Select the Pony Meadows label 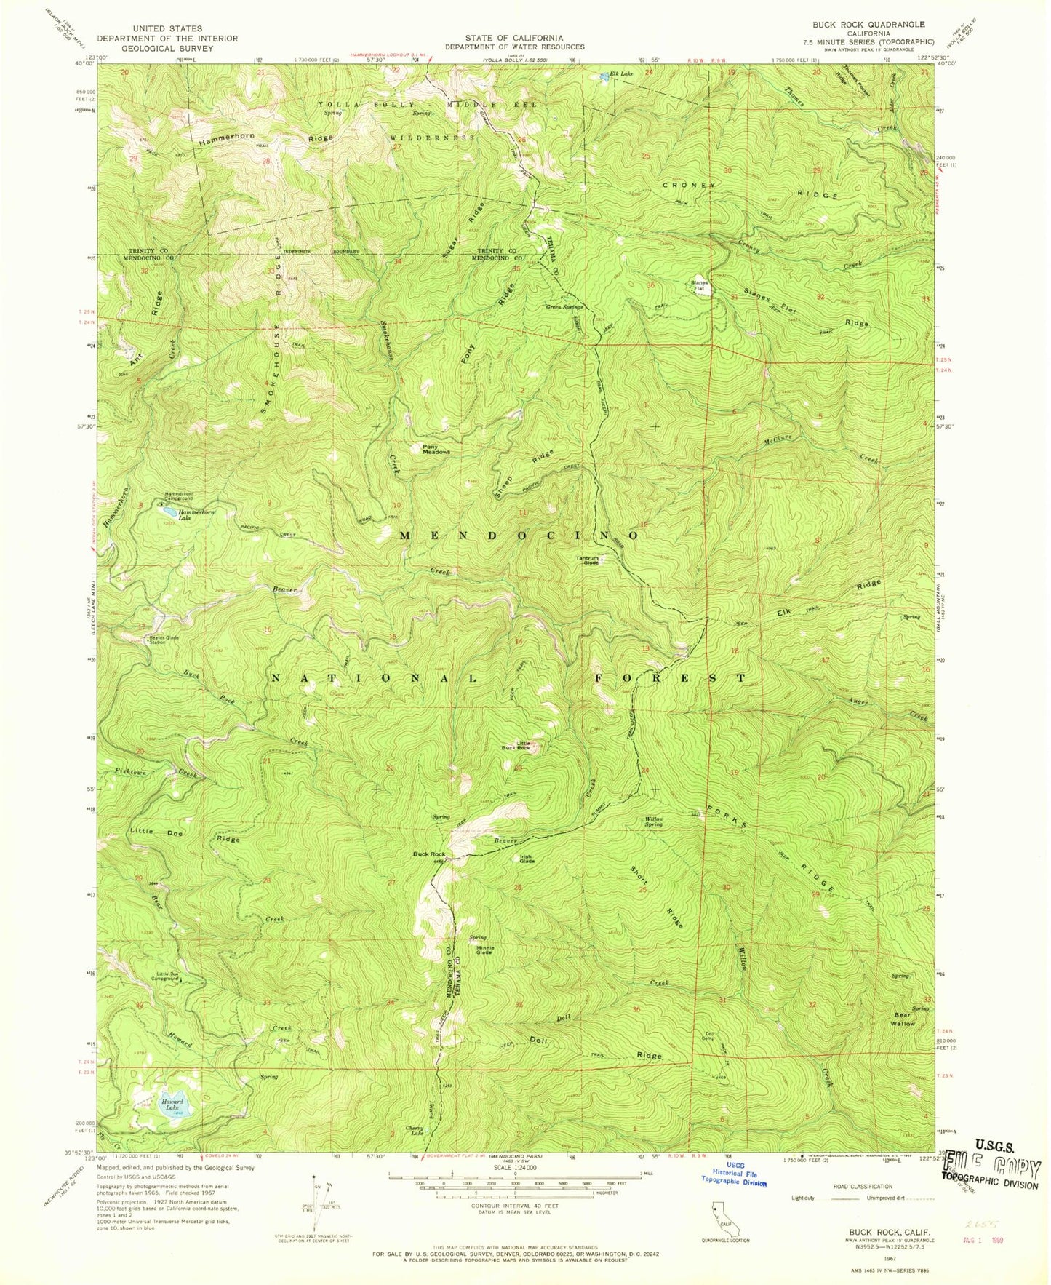pyautogui.click(x=436, y=449)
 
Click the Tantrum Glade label pyautogui.click(x=588, y=560)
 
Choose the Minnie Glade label pyautogui.click(x=484, y=950)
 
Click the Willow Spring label pyautogui.click(x=654, y=821)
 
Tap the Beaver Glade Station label pyautogui.click(x=164, y=640)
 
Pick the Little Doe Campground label pyautogui.click(x=164, y=976)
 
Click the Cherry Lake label pyautogui.click(x=415, y=1131)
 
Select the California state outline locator pyautogui.click(x=724, y=1220)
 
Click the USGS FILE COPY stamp pyautogui.click(x=991, y=1169)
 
